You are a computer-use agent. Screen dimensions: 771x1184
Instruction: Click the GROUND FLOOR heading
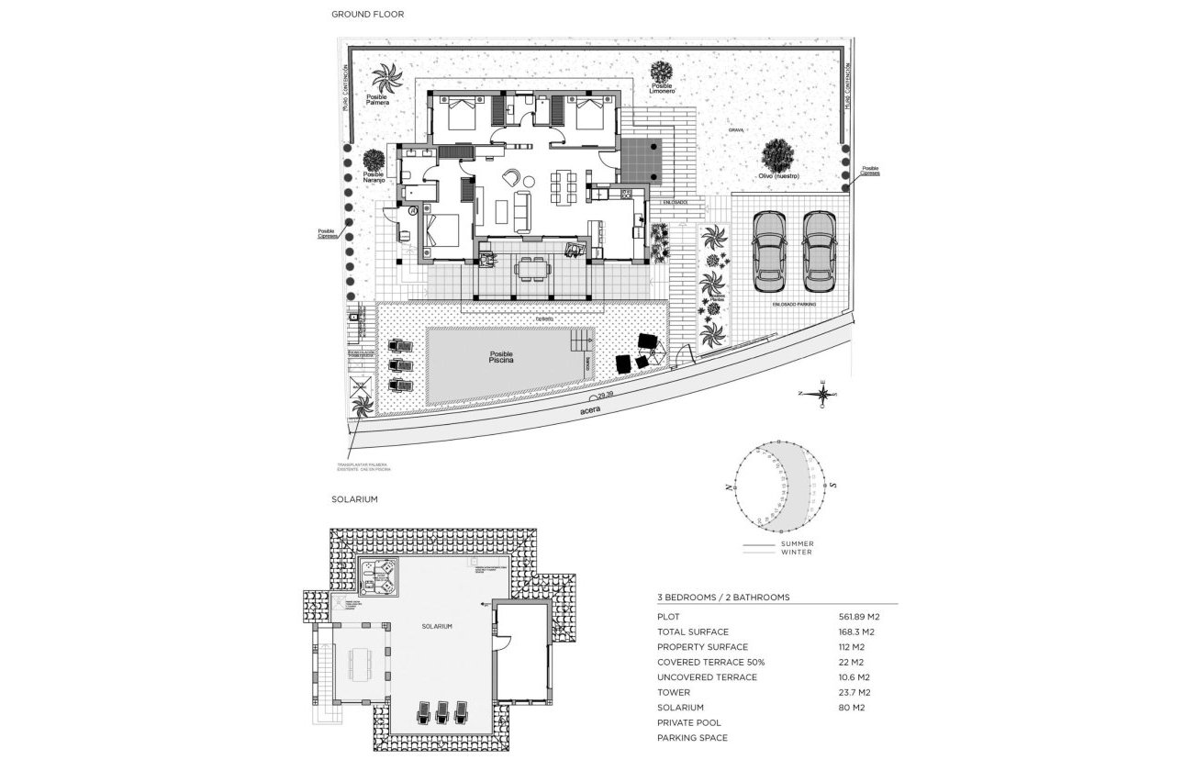[367, 15]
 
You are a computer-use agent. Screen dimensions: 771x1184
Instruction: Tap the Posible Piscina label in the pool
[501, 358]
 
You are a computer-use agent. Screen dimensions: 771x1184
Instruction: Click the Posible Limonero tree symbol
[662, 72]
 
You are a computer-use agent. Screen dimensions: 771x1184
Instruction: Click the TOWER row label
[673, 693]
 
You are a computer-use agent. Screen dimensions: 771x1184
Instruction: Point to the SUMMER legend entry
[797, 543]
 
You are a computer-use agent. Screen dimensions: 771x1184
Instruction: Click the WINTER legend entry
[796, 552]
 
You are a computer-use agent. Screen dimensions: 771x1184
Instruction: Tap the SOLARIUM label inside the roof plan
[437, 626]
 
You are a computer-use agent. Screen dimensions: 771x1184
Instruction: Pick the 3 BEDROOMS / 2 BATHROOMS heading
[723, 598]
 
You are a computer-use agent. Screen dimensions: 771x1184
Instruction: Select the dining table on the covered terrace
[531, 267]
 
